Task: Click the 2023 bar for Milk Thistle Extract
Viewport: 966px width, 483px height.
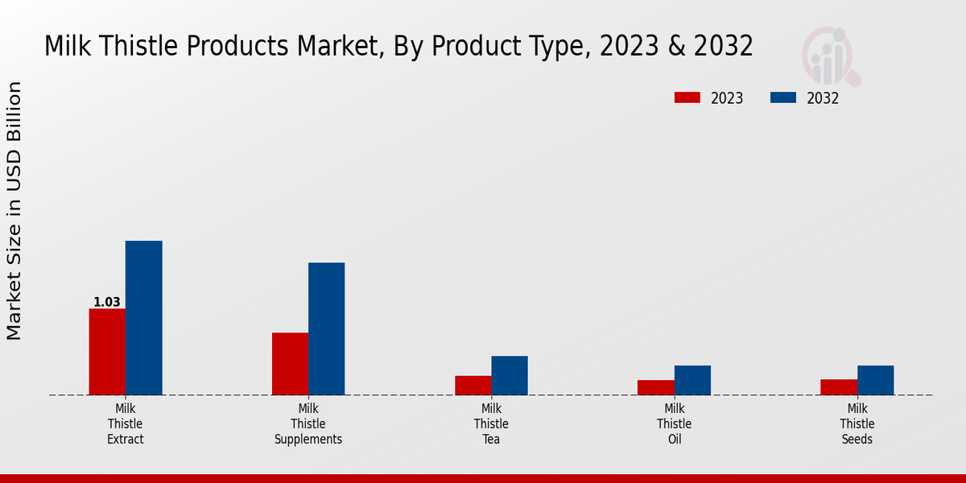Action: tap(107, 352)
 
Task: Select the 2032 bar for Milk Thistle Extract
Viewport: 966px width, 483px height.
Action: tap(143, 318)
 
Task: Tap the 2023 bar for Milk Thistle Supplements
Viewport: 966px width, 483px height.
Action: tap(290, 364)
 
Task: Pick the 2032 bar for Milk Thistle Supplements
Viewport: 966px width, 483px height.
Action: tap(326, 328)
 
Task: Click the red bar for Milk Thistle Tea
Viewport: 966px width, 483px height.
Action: tap(473, 386)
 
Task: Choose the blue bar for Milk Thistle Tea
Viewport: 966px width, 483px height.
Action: tap(510, 375)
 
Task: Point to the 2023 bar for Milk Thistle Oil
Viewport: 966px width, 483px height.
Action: tap(655, 387)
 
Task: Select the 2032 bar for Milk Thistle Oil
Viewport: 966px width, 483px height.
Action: tap(692, 380)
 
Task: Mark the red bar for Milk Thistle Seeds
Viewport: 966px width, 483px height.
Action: tap(839, 387)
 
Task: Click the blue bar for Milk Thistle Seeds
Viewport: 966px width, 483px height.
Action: tap(875, 380)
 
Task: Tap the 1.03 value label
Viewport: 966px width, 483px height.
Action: tap(107, 303)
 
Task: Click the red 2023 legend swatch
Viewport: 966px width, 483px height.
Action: tap(687, 98)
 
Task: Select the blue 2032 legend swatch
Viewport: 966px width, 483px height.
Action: tap(783, 98)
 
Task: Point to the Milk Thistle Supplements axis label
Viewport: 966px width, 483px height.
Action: tap(308, 424)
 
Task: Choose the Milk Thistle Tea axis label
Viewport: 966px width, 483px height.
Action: tap(491, 424)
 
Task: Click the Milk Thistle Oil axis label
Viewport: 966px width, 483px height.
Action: tap(674, 424)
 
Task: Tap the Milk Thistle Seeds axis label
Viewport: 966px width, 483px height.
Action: tap(857, 424)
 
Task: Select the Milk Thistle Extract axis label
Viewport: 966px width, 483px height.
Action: tap(126, 424)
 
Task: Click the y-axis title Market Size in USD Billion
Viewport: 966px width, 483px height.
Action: tap(14, 211)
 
